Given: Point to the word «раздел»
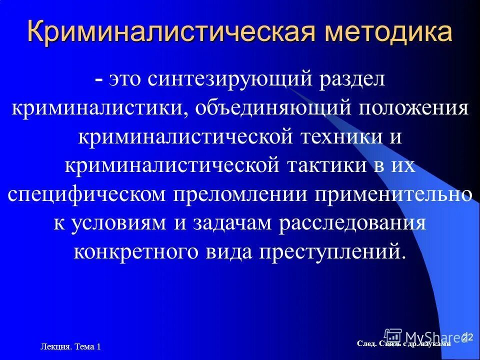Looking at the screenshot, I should coord(349,80).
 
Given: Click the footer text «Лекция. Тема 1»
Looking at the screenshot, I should coord(70,346).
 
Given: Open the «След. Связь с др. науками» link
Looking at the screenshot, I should coord(404,343).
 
